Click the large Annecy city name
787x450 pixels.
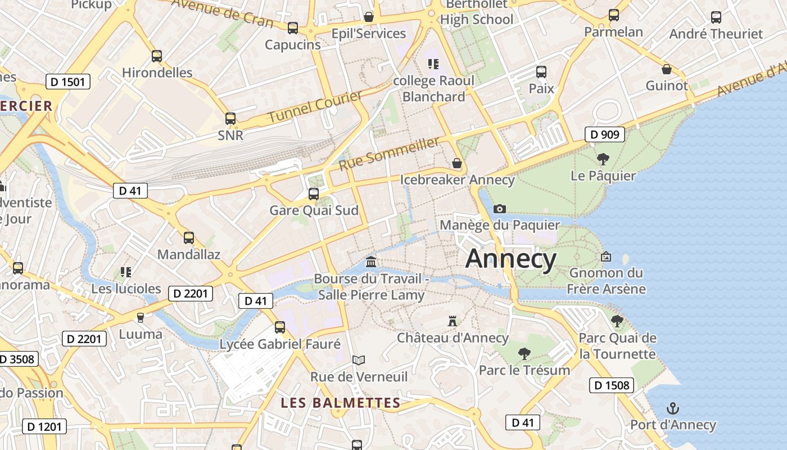511,259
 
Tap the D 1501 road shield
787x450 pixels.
67,82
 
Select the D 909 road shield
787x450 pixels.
605,134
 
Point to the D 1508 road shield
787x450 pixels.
612,385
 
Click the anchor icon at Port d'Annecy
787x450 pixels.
672,408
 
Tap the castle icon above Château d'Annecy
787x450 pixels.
453,321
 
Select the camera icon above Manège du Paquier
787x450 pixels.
499,209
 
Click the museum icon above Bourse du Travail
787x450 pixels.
371,262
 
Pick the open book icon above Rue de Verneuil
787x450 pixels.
359,360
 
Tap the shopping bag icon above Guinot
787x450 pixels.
666,69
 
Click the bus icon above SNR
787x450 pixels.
230,119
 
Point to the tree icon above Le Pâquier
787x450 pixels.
603,159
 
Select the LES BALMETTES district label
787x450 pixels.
340,403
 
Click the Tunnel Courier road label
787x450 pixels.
315,107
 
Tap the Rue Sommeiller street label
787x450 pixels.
389,153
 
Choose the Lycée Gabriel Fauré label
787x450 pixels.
280,344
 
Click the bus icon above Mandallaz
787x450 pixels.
189,238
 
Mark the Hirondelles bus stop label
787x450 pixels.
157,73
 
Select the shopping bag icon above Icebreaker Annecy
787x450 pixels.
457,164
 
